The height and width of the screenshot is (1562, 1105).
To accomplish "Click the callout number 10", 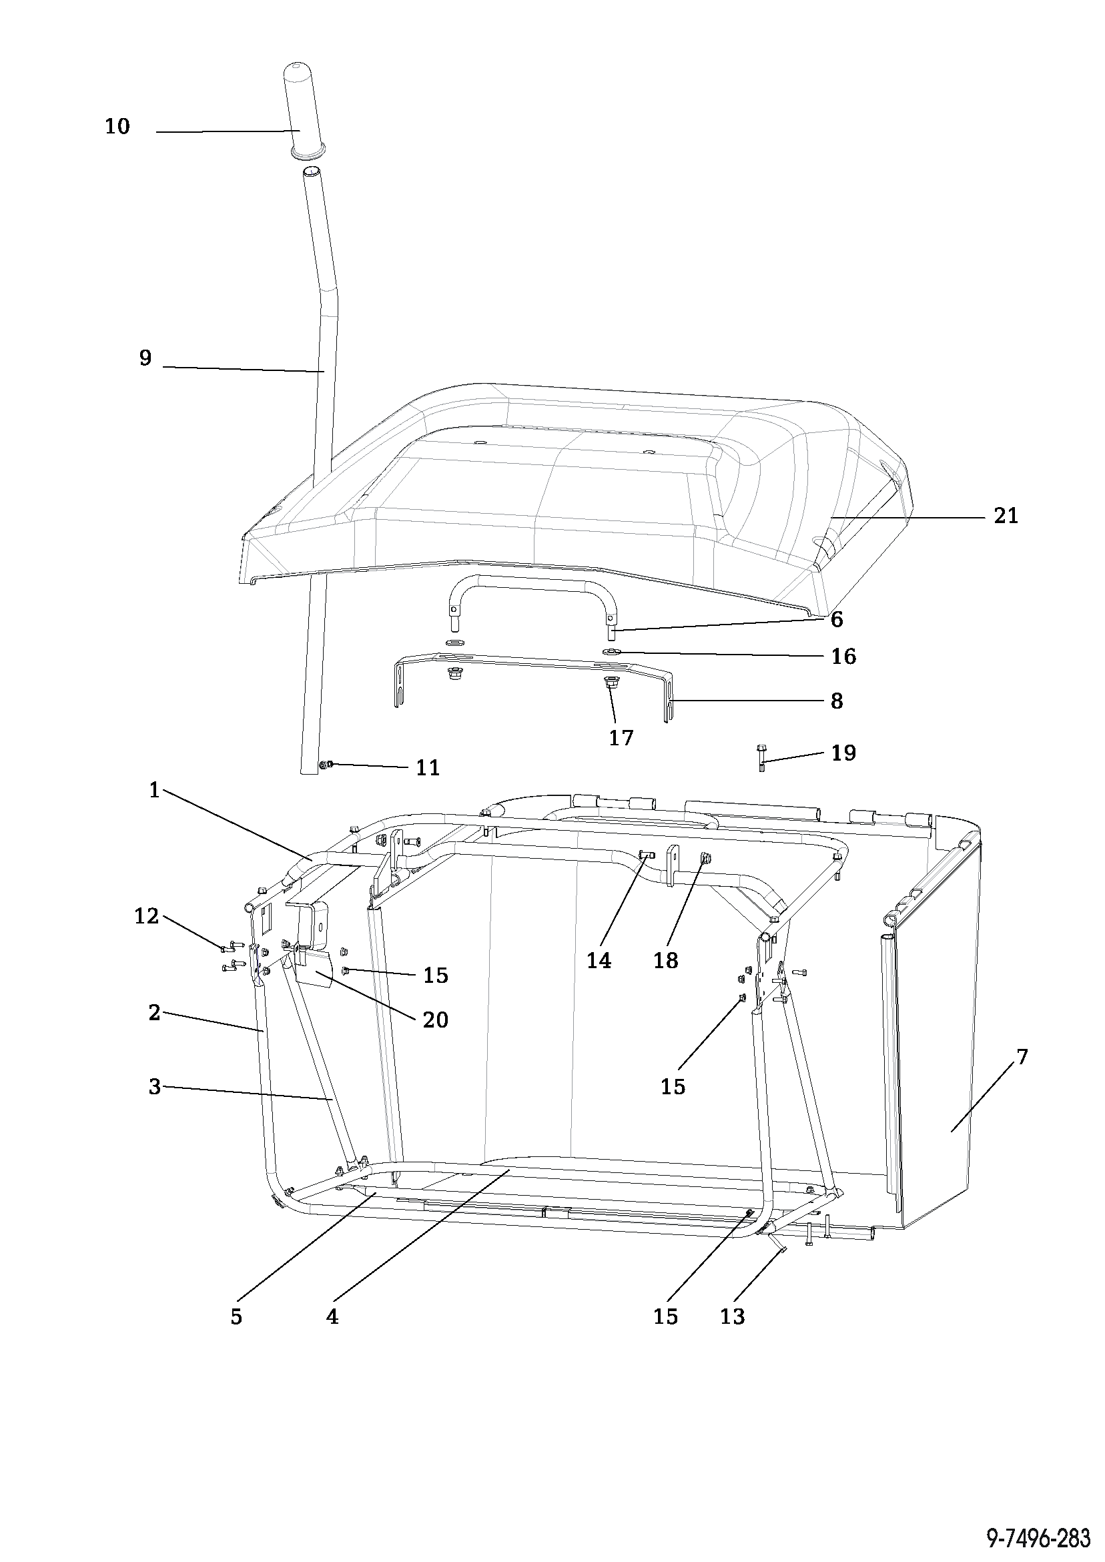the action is point(117,126).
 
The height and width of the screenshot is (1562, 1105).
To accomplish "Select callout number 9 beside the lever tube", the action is point(145,358).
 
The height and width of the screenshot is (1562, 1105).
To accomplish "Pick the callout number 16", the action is point(843,657).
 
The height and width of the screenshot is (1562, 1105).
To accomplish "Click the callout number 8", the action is point(837,701).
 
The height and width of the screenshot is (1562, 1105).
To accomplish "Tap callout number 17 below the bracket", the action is point(621,737).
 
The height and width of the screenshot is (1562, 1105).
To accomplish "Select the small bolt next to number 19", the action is point(762,758).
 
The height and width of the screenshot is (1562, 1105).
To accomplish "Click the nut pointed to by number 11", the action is point(325,765).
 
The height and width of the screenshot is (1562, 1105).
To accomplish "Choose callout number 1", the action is point(153,790).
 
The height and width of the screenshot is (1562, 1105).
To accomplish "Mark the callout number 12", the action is point(146,916).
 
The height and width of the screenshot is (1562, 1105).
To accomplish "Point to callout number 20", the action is point(436,1020).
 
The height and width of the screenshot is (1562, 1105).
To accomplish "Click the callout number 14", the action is point(599,961).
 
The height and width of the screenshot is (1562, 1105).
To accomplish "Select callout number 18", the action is point(665,961).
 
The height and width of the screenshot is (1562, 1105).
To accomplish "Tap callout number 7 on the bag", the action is point(1022,1056).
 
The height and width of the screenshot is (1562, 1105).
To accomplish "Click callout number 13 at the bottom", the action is point(732,1317).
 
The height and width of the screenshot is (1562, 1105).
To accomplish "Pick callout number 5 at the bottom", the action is point(236,1317).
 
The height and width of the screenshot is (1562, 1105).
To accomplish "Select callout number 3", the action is point(154,1086).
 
